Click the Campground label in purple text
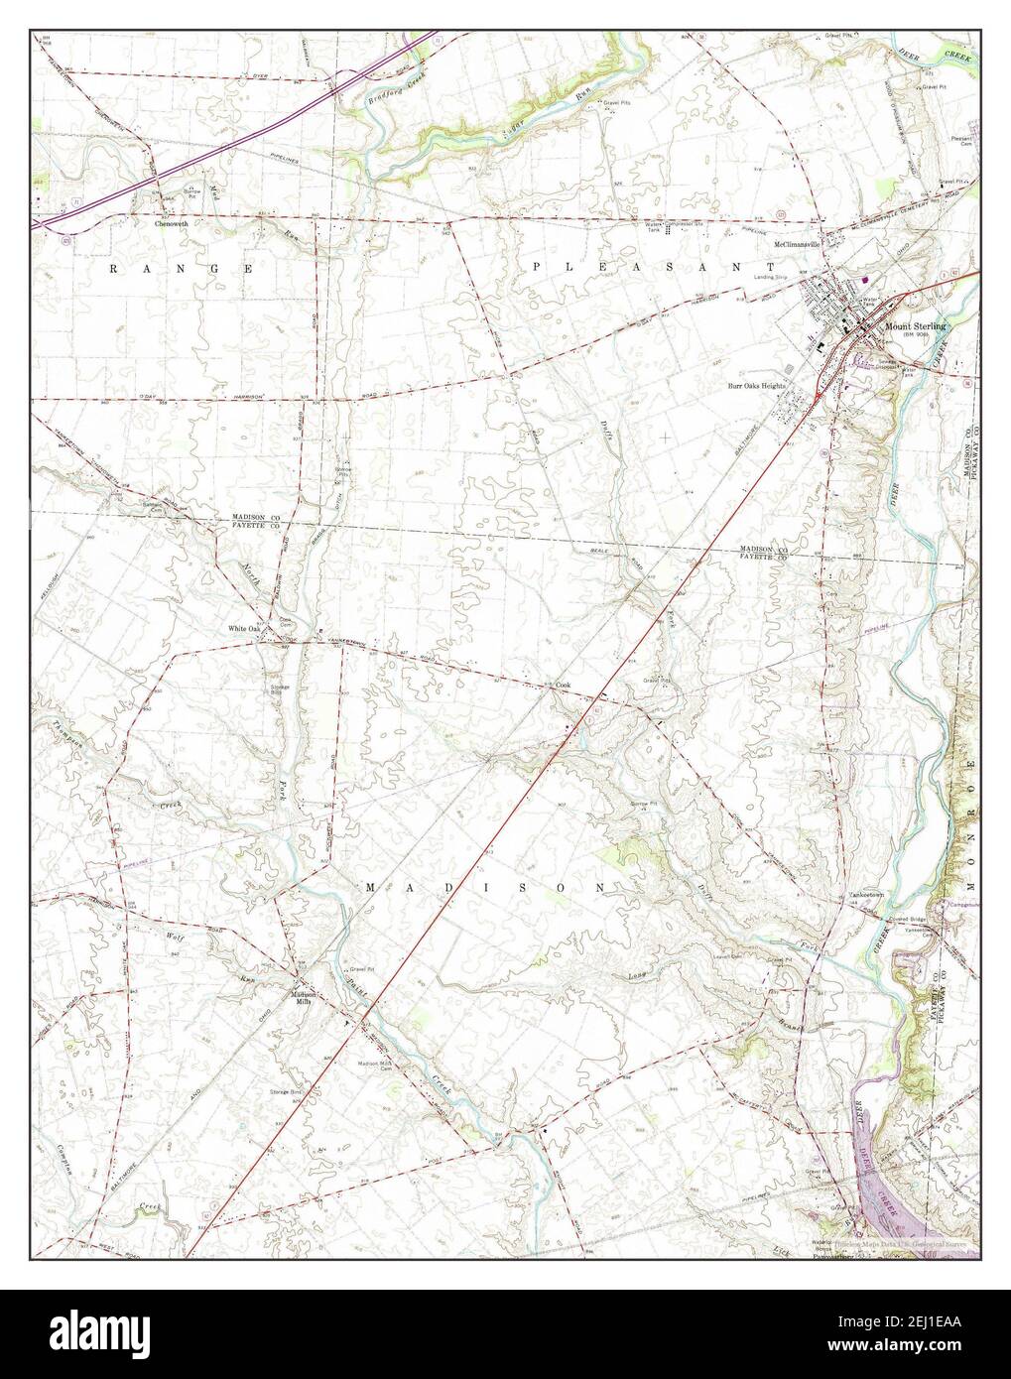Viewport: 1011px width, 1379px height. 959,904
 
